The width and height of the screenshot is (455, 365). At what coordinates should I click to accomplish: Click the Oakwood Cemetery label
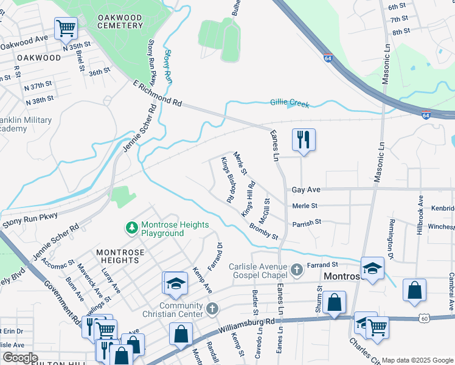(120, 22)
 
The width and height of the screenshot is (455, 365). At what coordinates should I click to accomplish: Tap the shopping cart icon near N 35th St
(66, 27)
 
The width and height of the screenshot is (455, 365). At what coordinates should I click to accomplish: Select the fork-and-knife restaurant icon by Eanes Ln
(302, 139)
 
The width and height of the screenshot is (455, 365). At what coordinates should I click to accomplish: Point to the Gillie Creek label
(290, 104)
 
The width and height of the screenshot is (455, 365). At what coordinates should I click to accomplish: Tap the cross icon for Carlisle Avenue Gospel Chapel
(296, 268)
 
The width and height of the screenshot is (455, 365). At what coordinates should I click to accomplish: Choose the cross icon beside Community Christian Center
(212, 309)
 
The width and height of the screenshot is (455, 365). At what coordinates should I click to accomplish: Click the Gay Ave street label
(305, 190)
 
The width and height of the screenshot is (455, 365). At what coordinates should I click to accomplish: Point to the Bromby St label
(263, 231)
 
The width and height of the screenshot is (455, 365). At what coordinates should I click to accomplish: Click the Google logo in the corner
(20, 358)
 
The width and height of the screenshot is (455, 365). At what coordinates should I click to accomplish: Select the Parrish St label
(306, 223)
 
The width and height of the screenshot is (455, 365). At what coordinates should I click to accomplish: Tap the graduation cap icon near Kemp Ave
(175, 283)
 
